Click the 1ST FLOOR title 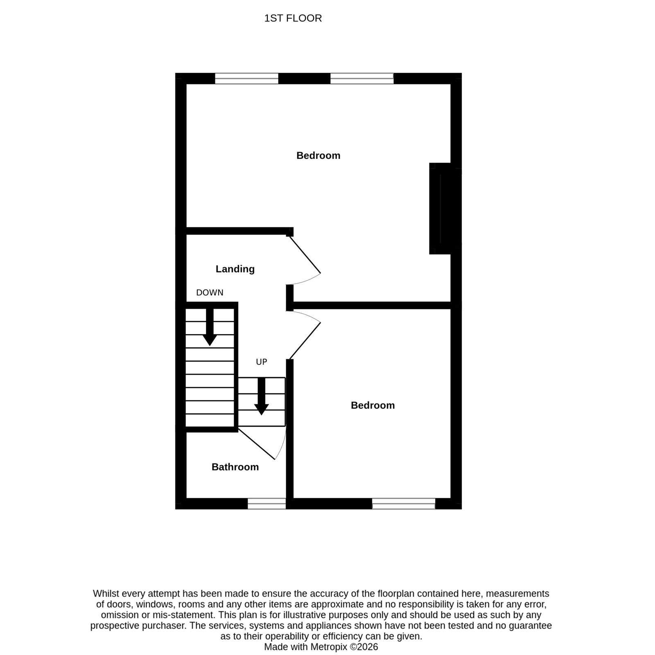point(293,18)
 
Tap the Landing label point(235,269)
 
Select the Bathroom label point(235,467)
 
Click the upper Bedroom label point(318,156)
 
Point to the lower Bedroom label point(373,405)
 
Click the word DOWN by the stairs point(210,293)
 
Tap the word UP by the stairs point(262,362)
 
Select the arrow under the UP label point(262,396)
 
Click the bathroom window point(267,504)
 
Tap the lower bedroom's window point(404,504)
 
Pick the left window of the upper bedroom point(246,79)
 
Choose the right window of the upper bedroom point(362,79)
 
